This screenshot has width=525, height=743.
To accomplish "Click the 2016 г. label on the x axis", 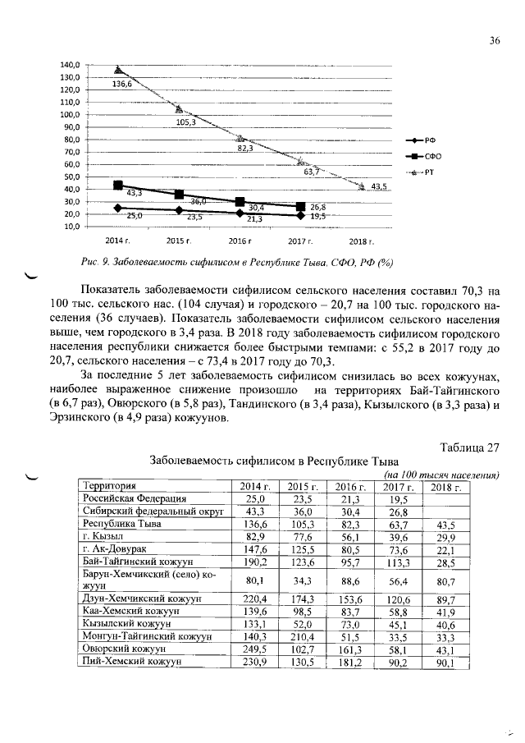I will pos(239,242).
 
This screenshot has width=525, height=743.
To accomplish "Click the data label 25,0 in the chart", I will pos(135,215).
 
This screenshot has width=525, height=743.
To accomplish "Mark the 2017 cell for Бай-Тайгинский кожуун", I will pos(397,561).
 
